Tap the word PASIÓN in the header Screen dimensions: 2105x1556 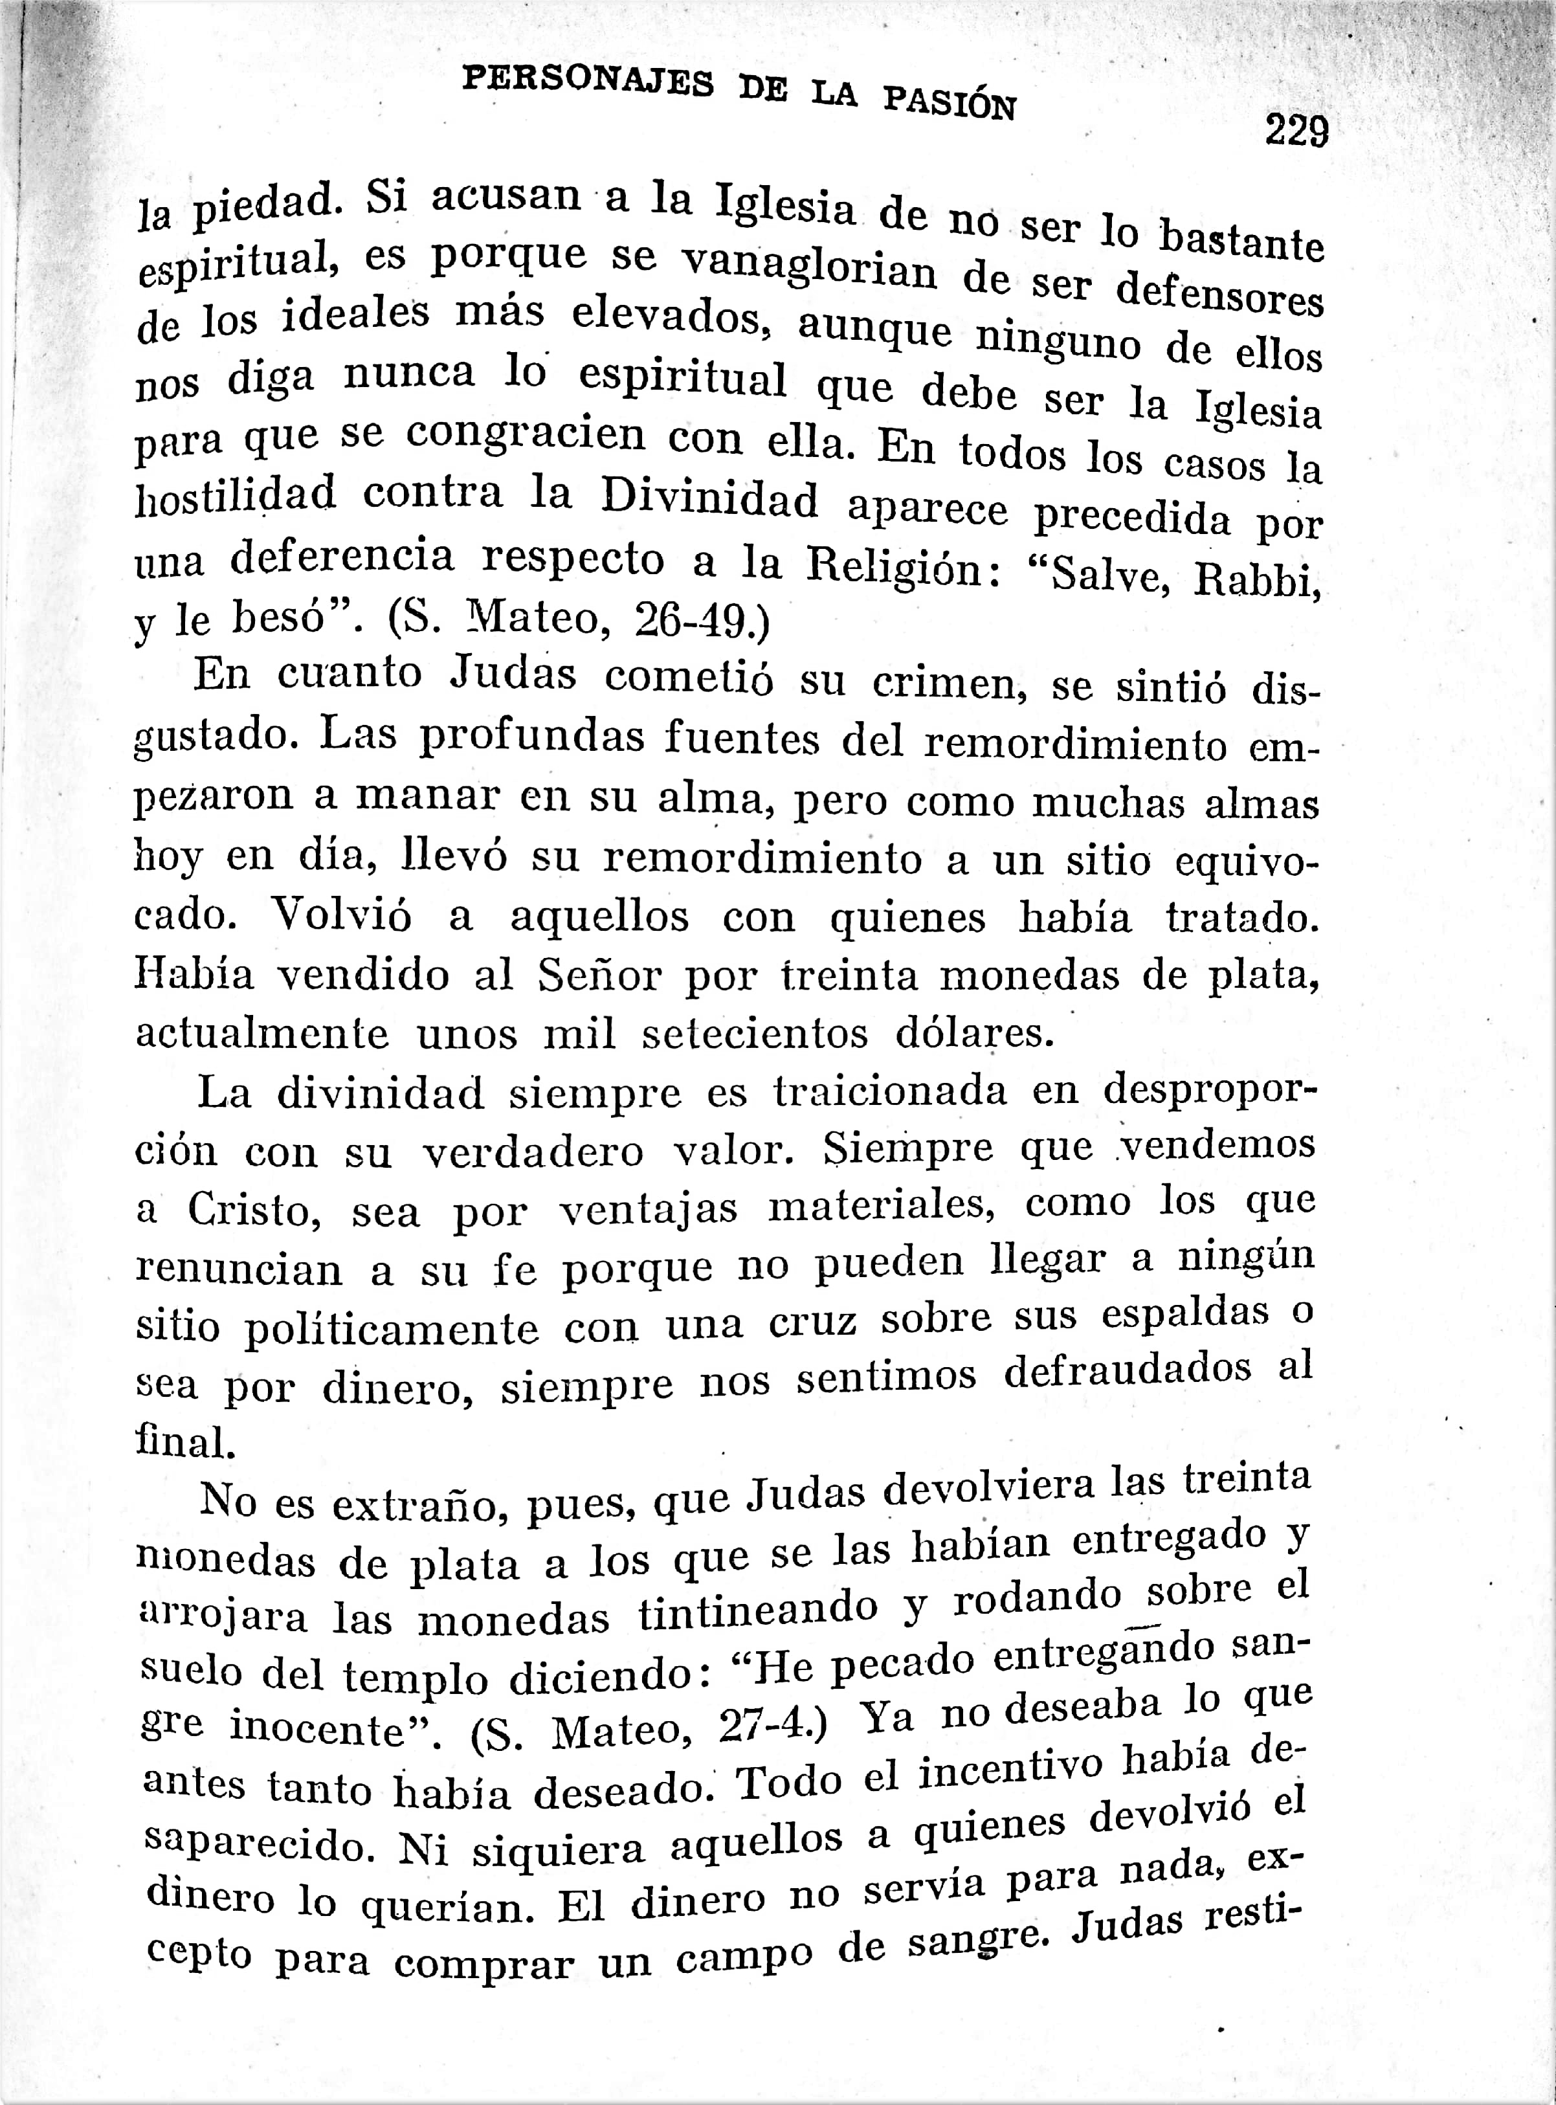(950, 102)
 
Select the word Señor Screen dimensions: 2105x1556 (601, 975)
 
